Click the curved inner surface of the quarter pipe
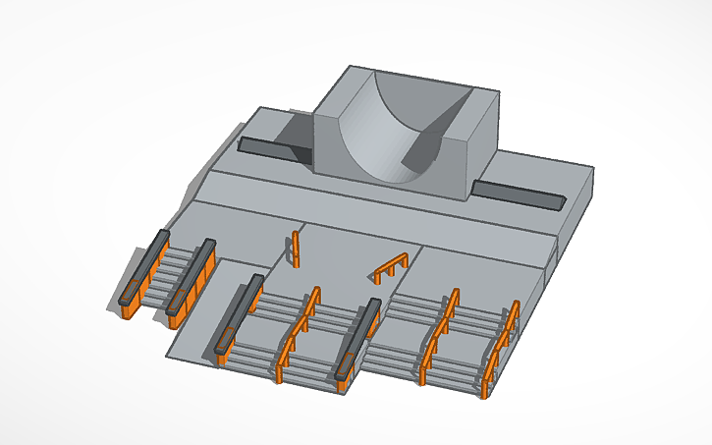point(378,133)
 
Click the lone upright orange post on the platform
point(295,250)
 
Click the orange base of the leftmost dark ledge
point(130,305)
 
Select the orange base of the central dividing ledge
point(344,373)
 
